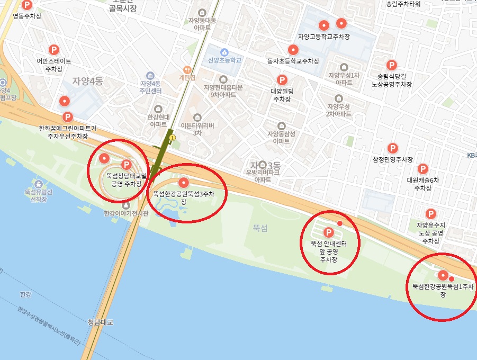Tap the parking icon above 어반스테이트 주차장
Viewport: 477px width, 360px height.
pyautogui.click(x=53, y=50)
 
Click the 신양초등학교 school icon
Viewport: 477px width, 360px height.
pyautogui.click(x=224, y=52)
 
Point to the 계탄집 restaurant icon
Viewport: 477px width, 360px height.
pyautogui.click(x=186, y=70)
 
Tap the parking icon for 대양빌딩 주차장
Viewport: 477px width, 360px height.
pyautogui.click(x=282, y=80)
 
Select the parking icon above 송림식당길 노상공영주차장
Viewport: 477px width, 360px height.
pyautogui.click(x=391, y=65)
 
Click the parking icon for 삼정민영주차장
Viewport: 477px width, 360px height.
pyautogui.click(x=392, y=148)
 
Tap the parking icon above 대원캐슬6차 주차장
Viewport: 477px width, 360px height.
pyautogui.click(x=422, y=169)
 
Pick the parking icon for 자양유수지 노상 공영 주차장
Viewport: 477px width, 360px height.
pyautogui.click(x=430, y=214)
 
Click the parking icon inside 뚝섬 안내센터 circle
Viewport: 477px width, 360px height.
pyautogui.click(x=328, y=232)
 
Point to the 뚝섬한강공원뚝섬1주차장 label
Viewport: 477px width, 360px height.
pyautogui.click(x=444, y=290)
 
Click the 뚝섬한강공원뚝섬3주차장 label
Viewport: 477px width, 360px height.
pyautogui.click(x=183, y=197)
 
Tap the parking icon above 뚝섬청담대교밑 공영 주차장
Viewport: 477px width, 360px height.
pyautogui.click(x=126, y=165)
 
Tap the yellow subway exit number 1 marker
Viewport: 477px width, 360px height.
pyautogui.click(x=172, y=138)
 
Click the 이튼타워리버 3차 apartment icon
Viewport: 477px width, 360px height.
pyautogui.click(x=198, y=117)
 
